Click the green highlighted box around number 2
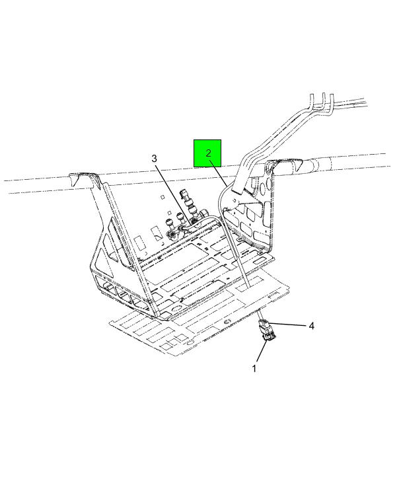point(207,153)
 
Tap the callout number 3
point(154,159)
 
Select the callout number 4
point(311,326)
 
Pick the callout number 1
point(254,369)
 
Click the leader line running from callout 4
point(287,325)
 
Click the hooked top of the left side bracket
point(84,179)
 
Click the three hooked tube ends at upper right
point(322,104)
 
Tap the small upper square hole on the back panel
point(163,197)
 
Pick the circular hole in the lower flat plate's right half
point(228,322)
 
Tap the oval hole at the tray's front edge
point(176,310)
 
